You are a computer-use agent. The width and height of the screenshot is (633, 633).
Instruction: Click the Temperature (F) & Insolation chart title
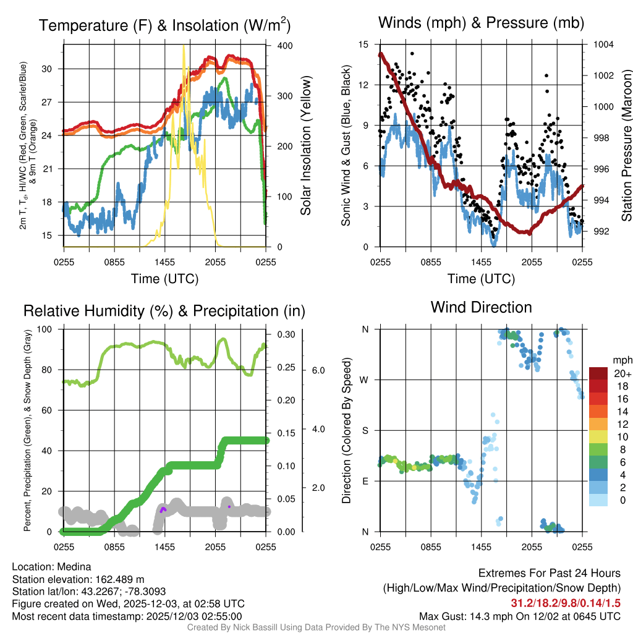(x=164, y=25)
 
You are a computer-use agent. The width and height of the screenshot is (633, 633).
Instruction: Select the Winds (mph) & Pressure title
(x=481, y=23)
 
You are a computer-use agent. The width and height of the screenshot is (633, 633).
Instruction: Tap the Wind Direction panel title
(x=481, y=307)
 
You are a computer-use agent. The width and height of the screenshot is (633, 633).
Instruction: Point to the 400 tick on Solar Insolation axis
(x=285, y=46)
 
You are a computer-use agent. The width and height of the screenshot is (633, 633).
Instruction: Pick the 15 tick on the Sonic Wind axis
(x=363, y=45)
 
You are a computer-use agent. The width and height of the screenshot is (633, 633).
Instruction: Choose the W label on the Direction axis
(x=365, y=380)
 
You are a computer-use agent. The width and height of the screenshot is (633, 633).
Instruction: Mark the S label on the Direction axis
(x=365, y=430)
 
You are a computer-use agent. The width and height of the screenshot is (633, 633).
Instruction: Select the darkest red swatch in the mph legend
(x=599, y=373)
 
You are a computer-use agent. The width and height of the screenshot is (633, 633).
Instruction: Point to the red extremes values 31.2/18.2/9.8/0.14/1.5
(x=566, y=603)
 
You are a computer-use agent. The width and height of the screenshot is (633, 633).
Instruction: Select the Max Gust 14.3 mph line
(x=520, y=616)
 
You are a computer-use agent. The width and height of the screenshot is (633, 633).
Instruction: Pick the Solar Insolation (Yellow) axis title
(x=305, y=145)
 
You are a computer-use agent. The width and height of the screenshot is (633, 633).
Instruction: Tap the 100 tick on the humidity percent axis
(x=48, y=329)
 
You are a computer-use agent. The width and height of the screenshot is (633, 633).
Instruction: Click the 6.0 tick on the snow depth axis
(x=318, y=370)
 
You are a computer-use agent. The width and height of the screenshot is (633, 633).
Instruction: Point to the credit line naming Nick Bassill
(x=316, y=627)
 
